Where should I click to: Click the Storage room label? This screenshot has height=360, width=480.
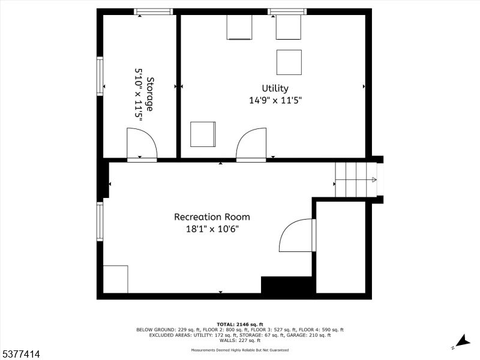pos(149,94)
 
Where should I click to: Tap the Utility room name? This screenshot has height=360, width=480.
pos(275,88)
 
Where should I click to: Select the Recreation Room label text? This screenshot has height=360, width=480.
pos(212,217)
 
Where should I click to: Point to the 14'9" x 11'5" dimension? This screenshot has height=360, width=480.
pos(275,100)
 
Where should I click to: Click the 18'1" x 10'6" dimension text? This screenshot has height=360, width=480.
pos(212,229)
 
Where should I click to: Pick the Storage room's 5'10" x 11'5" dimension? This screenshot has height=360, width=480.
pos(139,94)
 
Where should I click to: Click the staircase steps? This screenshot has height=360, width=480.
pos(356,179)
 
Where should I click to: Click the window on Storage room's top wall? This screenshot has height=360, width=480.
pos(154,11)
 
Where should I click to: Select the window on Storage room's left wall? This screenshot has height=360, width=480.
pos(100,76)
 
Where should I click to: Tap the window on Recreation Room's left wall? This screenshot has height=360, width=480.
pos(100,221)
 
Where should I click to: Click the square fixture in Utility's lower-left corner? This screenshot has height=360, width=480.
pos(203,134)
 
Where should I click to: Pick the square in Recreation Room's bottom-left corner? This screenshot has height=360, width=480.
pos(115,279)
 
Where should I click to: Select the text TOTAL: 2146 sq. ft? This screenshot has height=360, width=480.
pos(239,325)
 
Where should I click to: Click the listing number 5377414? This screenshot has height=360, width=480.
pos(20,354)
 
